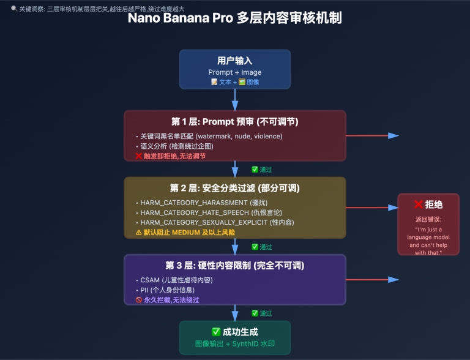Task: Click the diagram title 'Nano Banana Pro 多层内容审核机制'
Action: click(x=235, y=18)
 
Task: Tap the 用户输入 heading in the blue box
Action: click(x=234, y=61)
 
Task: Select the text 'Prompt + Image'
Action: click(x=234, y=72)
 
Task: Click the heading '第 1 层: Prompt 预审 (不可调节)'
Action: click(x=234, y=121)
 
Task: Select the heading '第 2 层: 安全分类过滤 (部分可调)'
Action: click(x=234, y=188)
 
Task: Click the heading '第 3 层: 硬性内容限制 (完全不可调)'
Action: click(x=234, y=266)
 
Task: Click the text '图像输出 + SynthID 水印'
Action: click(x=234, y=344)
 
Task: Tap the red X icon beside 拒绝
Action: click(x=419, y=204)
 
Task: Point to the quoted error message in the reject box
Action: click(x=428, y=241)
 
